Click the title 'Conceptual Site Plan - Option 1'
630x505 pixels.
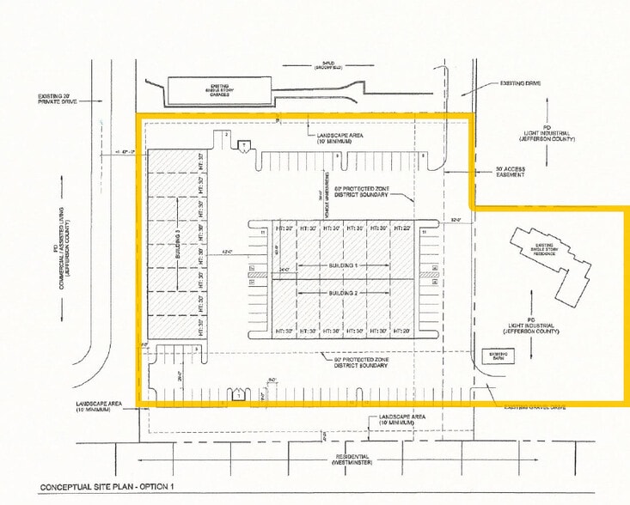coord(107,488)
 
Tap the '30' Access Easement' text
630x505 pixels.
coord(522,173)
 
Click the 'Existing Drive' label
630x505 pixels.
coord(520,84)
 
